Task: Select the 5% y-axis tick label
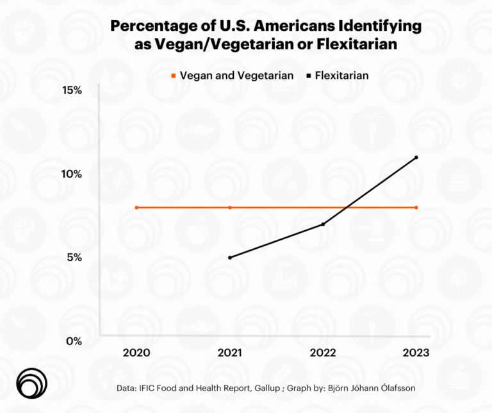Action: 74,257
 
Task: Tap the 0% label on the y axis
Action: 74,341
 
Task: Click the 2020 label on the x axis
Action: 136,352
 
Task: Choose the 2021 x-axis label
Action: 229,352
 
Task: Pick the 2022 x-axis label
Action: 323,352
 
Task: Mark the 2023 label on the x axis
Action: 416,352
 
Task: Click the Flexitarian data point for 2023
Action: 416,157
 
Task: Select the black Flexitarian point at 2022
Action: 323,224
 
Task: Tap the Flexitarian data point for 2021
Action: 229,257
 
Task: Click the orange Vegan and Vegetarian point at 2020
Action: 136,207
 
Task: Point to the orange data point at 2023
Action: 416,207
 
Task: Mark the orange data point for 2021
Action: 229,207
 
